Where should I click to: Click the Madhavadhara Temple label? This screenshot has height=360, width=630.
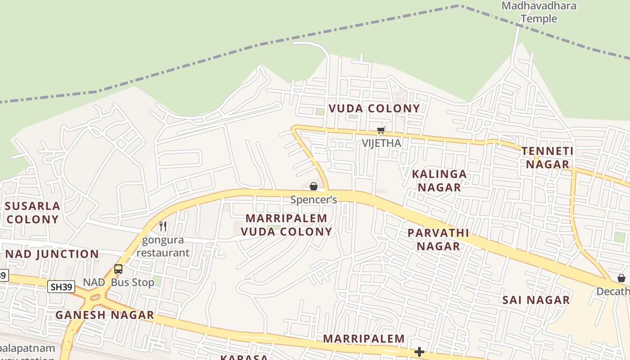[x=539, y=12]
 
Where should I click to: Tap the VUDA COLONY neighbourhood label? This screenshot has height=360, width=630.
[x=374, y=108]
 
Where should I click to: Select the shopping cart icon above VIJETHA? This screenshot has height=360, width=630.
[x=381, y=130]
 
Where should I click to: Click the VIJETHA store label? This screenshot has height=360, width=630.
[x=382, y=143]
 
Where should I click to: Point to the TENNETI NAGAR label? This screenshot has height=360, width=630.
[x=548, y=158]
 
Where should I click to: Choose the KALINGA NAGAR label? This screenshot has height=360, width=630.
[x=439, y=181]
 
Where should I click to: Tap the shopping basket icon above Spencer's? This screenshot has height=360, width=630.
[x=314, y=186]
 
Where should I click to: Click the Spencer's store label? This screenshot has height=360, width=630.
[x=314, y=199]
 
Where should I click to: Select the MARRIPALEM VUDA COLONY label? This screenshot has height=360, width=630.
[x=287, y=225]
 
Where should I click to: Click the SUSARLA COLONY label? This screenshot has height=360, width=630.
[x=32, y=213]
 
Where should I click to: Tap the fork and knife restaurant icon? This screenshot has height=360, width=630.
[x=163, y=226]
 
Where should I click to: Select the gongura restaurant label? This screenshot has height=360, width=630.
[x=162, y=247]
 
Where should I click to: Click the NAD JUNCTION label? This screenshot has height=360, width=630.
[x=52, y=254]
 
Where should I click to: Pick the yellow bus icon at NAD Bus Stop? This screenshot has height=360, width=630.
[x=118, y=269]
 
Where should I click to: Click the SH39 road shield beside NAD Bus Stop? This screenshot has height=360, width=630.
[x=61, y=287]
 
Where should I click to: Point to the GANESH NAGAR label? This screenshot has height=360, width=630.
[x=105, y=315]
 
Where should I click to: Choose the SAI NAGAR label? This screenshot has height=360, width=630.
[x=536, y=300]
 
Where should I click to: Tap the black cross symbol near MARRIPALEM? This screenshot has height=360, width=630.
[x=419, y=351]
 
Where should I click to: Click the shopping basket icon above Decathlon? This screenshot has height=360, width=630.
[x=621, y=278]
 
